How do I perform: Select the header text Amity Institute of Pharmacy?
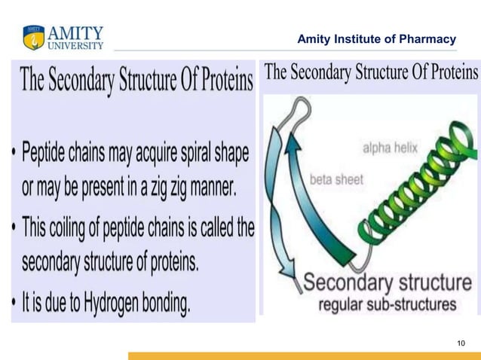point(377,39)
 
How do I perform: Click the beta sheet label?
point(336,180)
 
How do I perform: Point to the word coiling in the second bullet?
point(78,226)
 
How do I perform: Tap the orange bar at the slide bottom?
point(302,355)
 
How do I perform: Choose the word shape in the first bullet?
point(228,154)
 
